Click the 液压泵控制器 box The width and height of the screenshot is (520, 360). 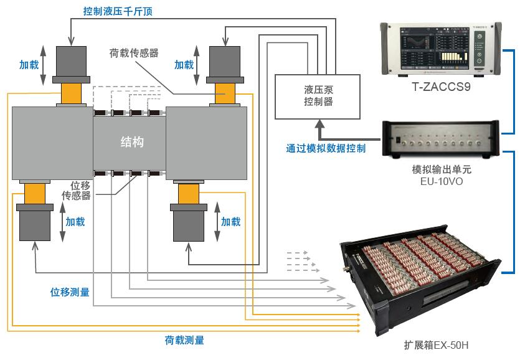pos(318,96)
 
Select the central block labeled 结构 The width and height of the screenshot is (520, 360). pos(131,142)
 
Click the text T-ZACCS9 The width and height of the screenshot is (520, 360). pos(441,87)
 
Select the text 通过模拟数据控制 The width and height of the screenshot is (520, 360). pos(326,149)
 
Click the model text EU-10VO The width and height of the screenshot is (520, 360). pos(441,181)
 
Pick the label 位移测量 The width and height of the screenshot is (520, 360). pos(69,291)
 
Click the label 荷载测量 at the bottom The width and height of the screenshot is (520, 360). pos(184,340)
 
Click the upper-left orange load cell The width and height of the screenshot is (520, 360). pos(72,93)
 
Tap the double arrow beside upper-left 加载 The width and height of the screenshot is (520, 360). pos(44,65)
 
